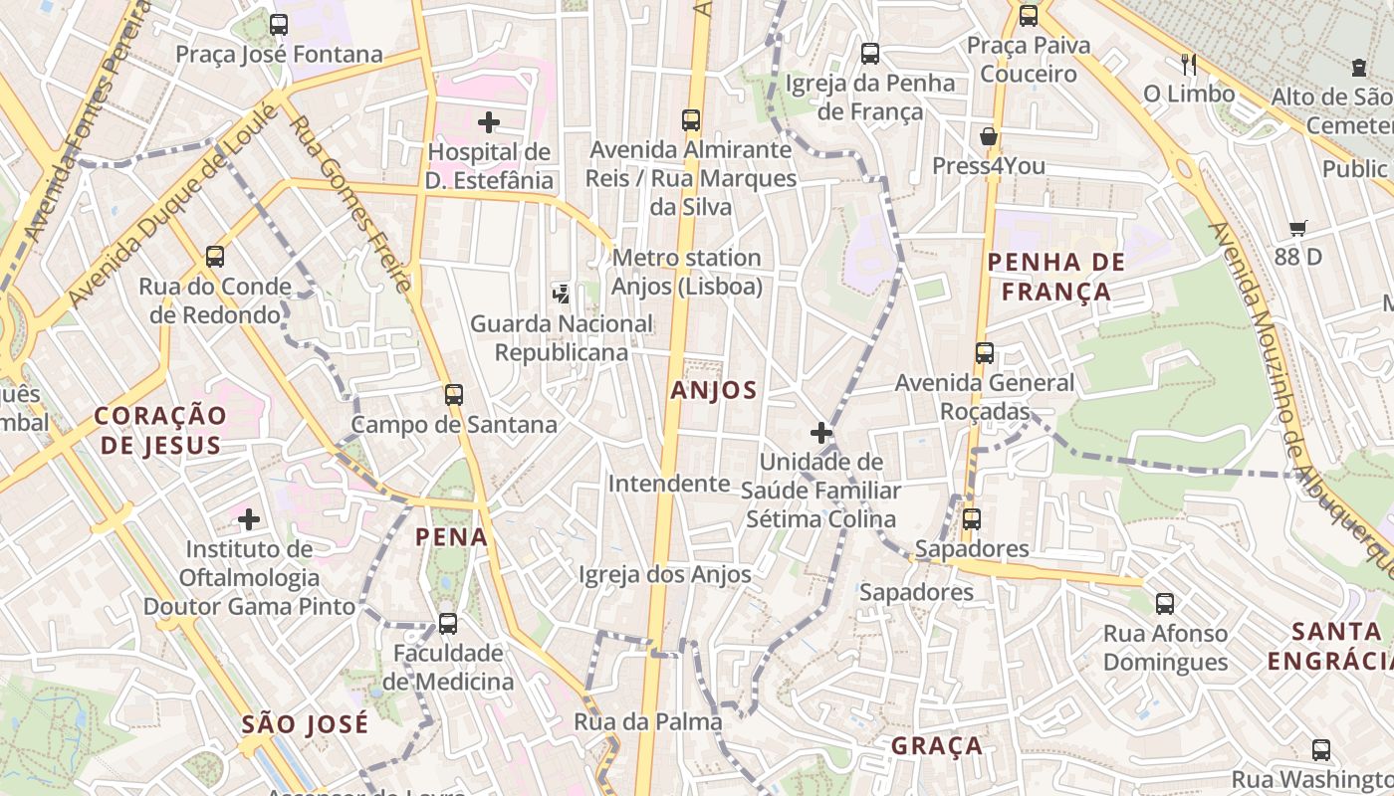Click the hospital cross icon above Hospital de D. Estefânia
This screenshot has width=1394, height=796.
click(488, 122)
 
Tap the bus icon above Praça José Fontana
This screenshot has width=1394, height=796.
click(279, 25)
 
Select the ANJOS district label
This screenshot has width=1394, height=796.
click(714, 390)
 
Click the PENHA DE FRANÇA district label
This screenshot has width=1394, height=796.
click(1055, 277)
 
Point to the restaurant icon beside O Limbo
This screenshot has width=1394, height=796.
click(1188, 65)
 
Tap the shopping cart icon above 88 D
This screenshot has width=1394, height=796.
click(1297, 228)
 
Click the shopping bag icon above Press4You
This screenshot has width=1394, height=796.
click(989, 136)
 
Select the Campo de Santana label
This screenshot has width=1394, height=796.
click(454, 425)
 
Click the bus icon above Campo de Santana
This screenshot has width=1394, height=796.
click(454, 395)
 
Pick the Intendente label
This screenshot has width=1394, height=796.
click(669, 484)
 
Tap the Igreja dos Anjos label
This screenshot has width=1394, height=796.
click(665, 574)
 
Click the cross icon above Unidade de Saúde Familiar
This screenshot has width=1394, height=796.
click(821, 433)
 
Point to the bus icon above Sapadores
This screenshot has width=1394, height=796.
click(971, 518)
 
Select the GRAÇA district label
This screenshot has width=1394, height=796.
click(936, 746)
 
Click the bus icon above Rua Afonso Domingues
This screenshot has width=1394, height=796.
click(1164, 603)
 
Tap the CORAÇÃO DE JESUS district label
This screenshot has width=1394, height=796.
click(161, 430)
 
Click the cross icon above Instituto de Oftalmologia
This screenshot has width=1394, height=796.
click(249, 518)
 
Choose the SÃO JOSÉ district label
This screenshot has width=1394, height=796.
click(305, 724)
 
